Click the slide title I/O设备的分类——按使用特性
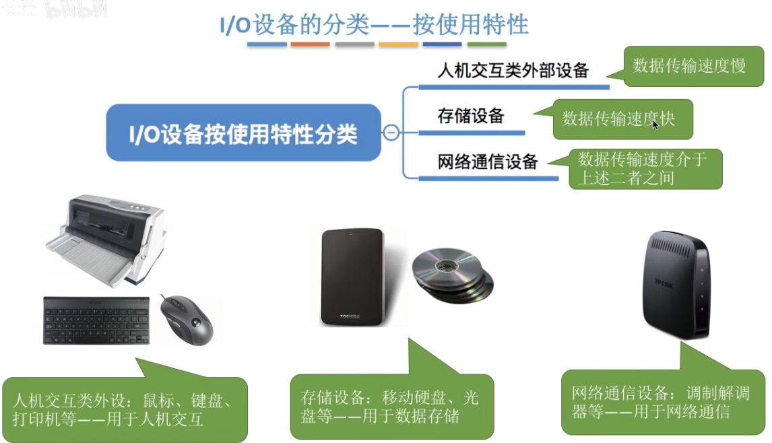pos(375,24)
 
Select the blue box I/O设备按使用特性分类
pos(243,133)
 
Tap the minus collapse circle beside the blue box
pos(391,133)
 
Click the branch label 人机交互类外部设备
pos(513,70)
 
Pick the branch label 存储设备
pos(471,115)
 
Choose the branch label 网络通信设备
pos(488,162)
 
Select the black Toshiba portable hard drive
pos(352,277)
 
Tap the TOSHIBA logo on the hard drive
pos(351,316)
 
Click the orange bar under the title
pos(310,44)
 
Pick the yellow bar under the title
pos(398,44)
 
